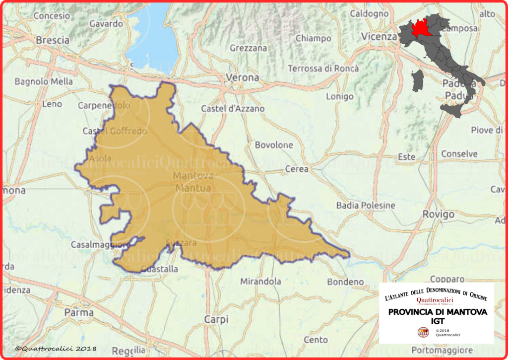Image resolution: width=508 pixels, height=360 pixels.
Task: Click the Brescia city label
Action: click(x=53, y=40)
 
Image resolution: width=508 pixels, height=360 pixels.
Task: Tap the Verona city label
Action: click(x=242, y=77)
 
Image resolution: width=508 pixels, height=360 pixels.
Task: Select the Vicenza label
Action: click(x=379, y=36)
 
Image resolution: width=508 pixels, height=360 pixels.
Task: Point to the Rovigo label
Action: click(x=438, y=215)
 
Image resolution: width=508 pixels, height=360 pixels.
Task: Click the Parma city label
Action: click(x=79, y=312)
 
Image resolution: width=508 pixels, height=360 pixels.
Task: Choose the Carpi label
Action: click(x=216, y=319)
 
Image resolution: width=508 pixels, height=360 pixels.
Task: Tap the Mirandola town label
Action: click(x=260, y=282)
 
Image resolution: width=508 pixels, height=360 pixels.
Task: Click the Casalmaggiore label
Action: click(x=96, y=245)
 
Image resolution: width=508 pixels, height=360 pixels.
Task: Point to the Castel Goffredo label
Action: click(x=115, y=131)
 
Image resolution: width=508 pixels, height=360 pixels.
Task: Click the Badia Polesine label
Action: click(x=366, y=205)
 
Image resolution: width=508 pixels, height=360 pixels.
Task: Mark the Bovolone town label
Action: click(x=274, y=145)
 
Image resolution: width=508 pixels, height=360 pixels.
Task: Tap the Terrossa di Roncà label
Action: click(x=323, y=68)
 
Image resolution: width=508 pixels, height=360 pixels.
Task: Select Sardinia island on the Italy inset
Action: click(x=418, y=80)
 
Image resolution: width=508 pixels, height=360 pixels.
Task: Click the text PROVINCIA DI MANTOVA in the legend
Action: click(x=438, y=312)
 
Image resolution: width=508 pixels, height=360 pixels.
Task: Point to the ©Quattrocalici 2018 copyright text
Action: click(x=56, y=349)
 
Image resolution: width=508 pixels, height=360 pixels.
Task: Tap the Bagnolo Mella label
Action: click(x=44, y=81)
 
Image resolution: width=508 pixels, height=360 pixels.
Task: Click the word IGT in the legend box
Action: click(x=438, y=321)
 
